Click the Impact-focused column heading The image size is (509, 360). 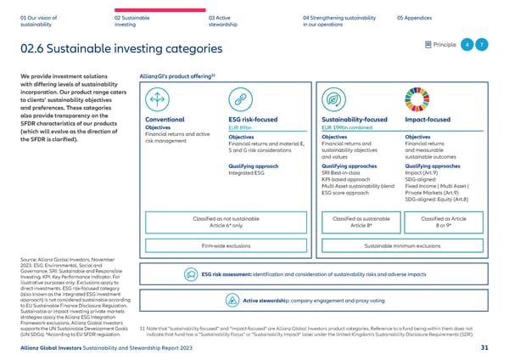(x=428, y=121)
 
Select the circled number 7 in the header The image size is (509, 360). (x=481, y=44)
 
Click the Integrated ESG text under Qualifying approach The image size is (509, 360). (x=248, y=173)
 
